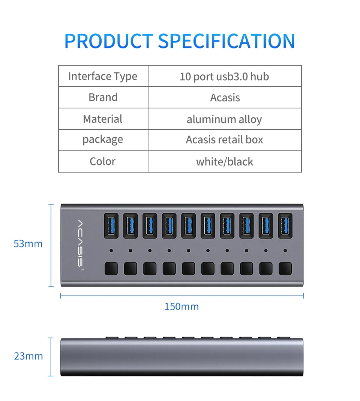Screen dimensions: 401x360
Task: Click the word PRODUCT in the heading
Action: pos(109,41)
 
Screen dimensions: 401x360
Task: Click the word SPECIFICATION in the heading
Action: pos(226,41)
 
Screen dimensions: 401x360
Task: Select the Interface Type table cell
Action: pos(103,77)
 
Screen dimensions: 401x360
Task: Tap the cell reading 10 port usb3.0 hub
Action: pos(224,77)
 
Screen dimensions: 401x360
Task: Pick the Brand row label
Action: pos(103,98)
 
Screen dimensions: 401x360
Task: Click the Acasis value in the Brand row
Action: pos(225,98)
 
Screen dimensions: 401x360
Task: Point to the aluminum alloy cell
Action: pos(224,119)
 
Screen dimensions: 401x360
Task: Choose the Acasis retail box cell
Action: pos(224,140)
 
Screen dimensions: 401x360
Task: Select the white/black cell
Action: pos(224,162)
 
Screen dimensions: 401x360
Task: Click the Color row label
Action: pos(102,162)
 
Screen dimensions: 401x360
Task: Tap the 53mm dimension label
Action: pos(28,244)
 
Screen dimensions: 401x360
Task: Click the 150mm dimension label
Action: pos(181,307)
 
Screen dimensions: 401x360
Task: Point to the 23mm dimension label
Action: pos(28,356)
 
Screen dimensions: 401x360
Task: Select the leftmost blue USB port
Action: pos(111,225)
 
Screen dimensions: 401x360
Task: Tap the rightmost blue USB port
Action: pos(285,225)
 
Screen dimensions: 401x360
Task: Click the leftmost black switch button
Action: pos(111,269)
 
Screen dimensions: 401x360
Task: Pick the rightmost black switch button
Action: pos(285,269)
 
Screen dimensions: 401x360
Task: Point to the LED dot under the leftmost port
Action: pos(111,250)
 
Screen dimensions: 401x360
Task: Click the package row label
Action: pos(103,140)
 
